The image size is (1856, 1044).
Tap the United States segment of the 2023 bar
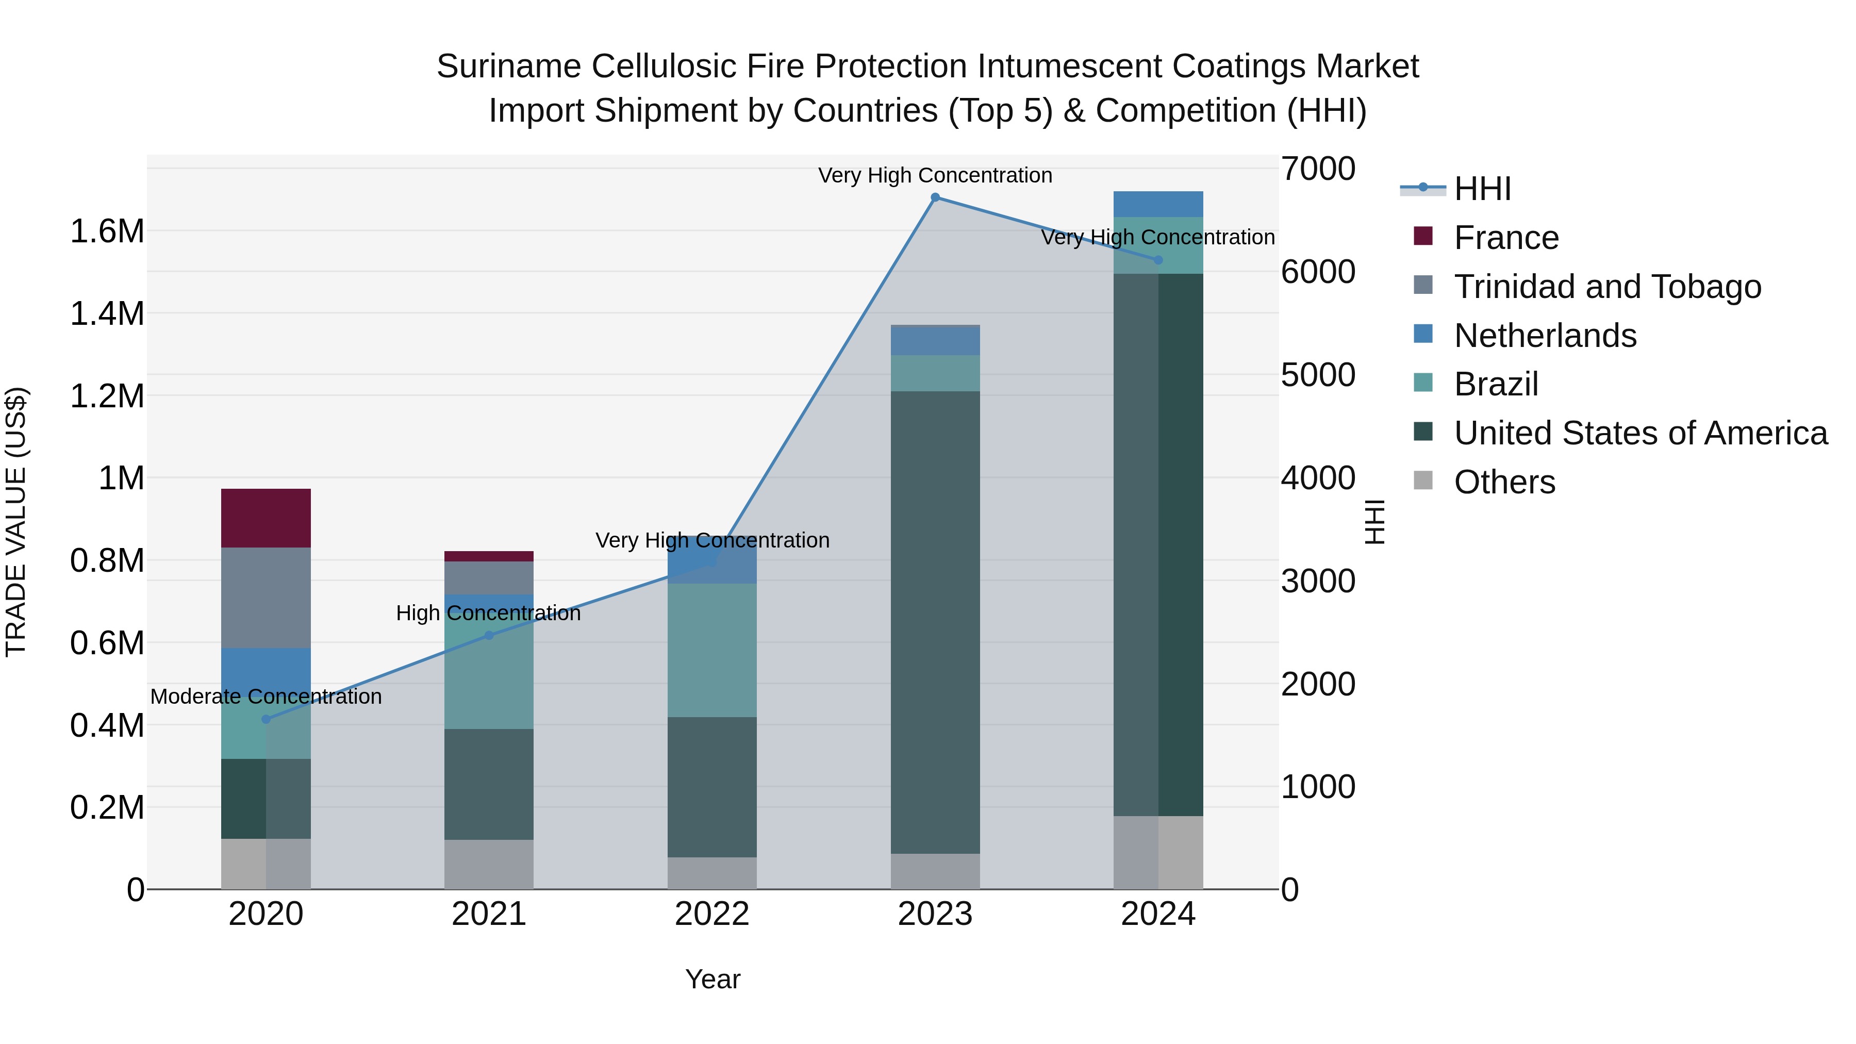(935, 622)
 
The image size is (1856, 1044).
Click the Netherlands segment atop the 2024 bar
(1158, 204)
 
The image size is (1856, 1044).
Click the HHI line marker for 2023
(935, 197)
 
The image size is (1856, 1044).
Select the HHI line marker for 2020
(266, 719)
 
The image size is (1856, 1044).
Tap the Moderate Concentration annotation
(266, 697)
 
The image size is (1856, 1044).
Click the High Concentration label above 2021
(489, 613)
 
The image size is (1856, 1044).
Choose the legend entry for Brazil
(1496, 384)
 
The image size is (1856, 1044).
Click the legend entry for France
(1506, 238)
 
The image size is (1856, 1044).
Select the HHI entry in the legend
(1482, 189)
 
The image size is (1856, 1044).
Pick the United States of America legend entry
(1640, 433)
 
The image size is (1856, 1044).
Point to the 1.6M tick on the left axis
(107, 231)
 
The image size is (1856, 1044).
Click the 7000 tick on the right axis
(1318, 169)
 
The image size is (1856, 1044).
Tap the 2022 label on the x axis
(712, 914)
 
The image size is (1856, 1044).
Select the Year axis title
(712, 979)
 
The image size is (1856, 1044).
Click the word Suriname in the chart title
(509, 67)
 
